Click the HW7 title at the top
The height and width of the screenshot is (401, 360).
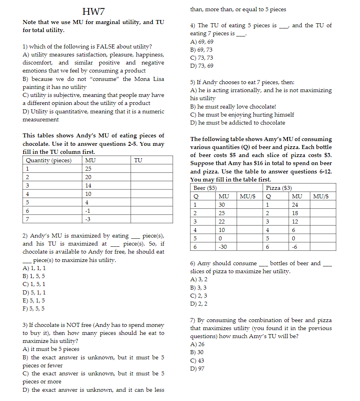pyautogui.click(x=93, y=11)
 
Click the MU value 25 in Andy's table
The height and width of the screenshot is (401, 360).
pyautogui.click(x=88, y=169)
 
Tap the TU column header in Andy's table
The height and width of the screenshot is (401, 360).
pyautogui.click(x=138, y=160)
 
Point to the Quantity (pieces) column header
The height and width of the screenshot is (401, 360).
pyautogui.click(x=49, y=160)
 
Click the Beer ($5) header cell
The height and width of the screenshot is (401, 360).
pyautogui.click(x=205, y=188)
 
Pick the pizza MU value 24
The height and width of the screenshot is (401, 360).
pyautogui.click(x=295, y=205)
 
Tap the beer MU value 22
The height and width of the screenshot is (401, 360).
pyautogui.click(x=222, y=222)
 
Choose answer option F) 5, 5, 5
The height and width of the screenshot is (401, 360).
pyautogui.click(x=34, y=308)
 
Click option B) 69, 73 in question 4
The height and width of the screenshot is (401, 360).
pyautogui.click(x=201, y=50)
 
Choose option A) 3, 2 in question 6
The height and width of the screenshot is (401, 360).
pyautogui.click(x=199, y=279)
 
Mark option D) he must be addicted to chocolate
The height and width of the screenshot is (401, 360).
pyautogui.click(x=237, y=123)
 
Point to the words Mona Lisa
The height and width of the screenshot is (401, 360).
pyautogui.click(x=148, y=79)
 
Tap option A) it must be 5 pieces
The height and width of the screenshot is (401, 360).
pyautogui.click(x=51, y=349)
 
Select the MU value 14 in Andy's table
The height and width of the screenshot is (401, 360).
pyautogui.click(x=88, y=185)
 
